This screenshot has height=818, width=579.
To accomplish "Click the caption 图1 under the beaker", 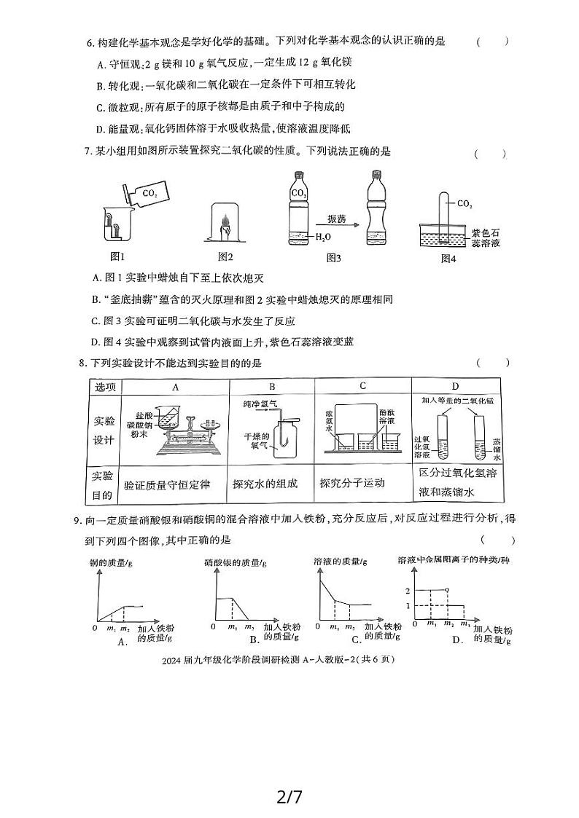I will click(x=118, y=256).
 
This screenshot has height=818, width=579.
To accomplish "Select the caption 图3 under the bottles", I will click(x=334, y=258).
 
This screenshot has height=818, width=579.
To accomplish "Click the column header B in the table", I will click(x=272, y=387).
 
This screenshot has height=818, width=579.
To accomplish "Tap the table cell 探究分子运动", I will click(x=352, y=483).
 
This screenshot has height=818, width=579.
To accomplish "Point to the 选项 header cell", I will click(x=104, y=387).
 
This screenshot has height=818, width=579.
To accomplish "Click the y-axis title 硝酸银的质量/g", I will click(x=236, y=562).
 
